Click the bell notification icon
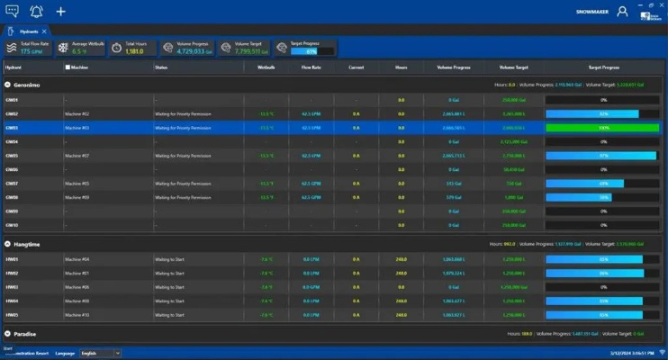(36, 12)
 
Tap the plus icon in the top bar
(61, 12)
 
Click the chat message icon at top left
(12, 12)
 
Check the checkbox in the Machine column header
(67, 67)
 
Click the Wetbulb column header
(266, 67)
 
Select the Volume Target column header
(512, 67)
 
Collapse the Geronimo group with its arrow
(8, 85)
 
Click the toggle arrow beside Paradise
(8, 333)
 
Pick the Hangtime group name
(27, 244)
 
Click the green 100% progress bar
(603, 128)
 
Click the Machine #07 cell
(77, 156)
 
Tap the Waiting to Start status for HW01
(170, 259)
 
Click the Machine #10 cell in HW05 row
(77, 315)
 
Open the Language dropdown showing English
(100, 353)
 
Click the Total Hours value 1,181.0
(135, 51)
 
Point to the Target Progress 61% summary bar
(310, 51)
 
